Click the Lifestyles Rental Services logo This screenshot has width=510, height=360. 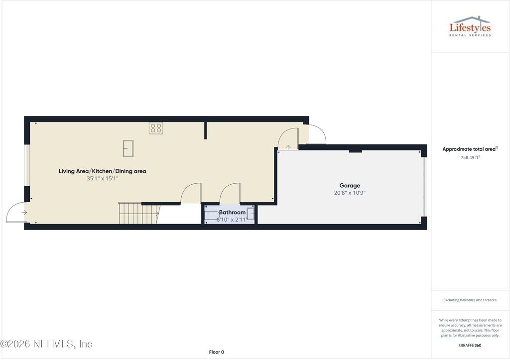pos(470,26)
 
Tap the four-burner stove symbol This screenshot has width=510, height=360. pos(156,128)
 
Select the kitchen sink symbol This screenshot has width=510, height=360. pos(128,148)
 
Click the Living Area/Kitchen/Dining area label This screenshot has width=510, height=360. pos(103,171)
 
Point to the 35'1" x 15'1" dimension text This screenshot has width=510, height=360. pos(103,179)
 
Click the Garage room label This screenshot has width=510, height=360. pos(350,186)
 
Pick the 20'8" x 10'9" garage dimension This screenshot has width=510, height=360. pos(350,193)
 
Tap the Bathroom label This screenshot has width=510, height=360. pos(232,212)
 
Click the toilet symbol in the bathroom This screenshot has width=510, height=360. pos(212,215)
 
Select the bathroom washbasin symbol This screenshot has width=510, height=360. pos(251,214)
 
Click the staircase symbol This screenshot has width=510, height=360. pos(138,213)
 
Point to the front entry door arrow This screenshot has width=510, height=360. pos(24,213)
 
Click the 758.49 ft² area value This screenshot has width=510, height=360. pos(470,158)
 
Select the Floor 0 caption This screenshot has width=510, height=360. pos(217,352)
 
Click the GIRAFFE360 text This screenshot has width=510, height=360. pos(470,346)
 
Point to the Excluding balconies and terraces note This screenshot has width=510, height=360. pos(470,300)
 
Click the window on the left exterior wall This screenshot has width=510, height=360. pos(27,165)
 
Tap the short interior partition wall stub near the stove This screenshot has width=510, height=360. pos(205,130)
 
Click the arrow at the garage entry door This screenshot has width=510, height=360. pos(288,147)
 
